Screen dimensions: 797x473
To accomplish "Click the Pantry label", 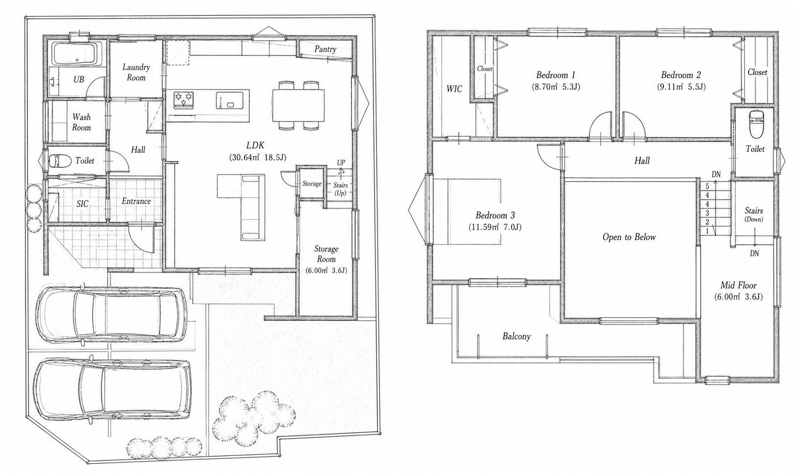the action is (x=325, y=49).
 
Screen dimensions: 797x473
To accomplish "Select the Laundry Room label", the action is (x=136, y=72).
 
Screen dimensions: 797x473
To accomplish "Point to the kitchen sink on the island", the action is (x=230, y=100).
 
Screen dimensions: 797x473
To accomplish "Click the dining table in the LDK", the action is (x=299, y=105).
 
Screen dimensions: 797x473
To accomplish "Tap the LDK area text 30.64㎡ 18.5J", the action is (x=258, y=157).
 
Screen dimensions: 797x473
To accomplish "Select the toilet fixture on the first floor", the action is (x=57, y=161).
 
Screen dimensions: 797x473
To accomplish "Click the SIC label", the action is (x=82, y=204).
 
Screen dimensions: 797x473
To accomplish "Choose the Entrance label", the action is (x=136, y=201).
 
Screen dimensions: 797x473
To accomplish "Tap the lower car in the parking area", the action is (x=113, y=390).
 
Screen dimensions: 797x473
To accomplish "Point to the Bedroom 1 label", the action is (x=556, y=75).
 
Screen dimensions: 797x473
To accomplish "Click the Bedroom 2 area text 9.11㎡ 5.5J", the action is (x=681, y=87).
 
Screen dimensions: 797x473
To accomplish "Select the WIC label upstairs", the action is (x=454, y=89).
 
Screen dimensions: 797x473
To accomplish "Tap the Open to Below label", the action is (x=629, y=237).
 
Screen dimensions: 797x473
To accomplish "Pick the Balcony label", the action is (x=516, y=336).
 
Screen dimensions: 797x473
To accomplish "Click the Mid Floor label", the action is (x=738, y=285).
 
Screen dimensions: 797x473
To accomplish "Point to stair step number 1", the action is (x=707, y=231).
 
